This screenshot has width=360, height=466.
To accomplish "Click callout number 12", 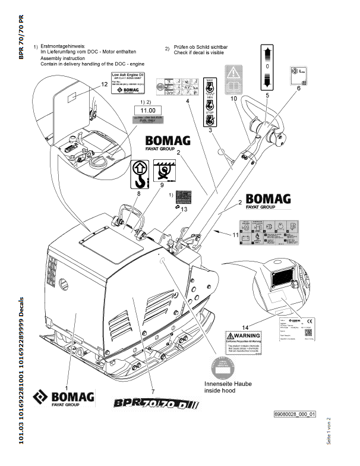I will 87,85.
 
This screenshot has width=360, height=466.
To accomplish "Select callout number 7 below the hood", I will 153,391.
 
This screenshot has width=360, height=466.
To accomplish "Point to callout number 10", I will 233,98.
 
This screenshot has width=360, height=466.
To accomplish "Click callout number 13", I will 184,209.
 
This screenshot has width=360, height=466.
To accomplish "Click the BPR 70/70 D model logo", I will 156,404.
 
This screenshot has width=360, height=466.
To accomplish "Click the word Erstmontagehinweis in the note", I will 63,46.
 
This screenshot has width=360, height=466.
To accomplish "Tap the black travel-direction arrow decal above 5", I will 267,65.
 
